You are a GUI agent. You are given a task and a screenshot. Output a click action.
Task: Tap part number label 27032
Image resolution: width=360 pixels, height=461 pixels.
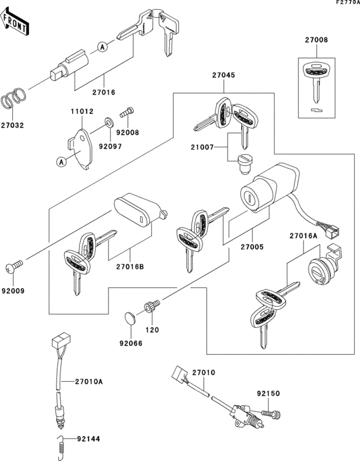click(13, 125)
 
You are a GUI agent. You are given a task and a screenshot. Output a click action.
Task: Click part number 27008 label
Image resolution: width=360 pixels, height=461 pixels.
click(316, 40)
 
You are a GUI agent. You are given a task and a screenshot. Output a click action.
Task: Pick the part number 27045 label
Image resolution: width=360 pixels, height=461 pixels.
click(224, 75)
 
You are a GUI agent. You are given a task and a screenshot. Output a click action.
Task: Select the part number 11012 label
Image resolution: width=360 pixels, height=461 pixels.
click(82, 111)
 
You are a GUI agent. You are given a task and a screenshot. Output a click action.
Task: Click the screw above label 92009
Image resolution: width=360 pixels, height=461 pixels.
click(16, 264)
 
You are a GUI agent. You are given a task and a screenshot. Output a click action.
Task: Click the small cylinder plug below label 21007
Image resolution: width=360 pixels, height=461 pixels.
click(243, 163)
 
